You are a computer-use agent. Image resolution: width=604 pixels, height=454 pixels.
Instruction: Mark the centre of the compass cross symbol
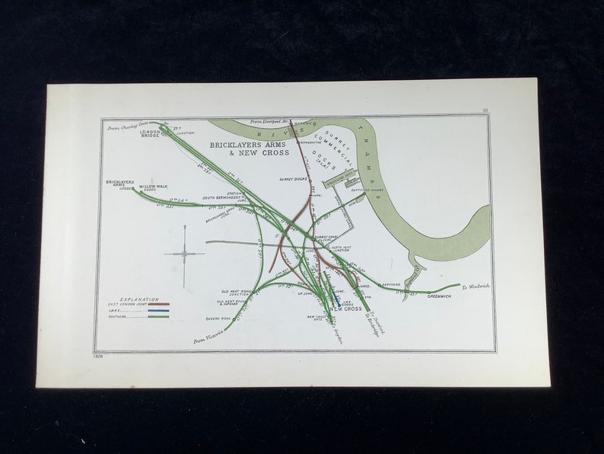185,254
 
